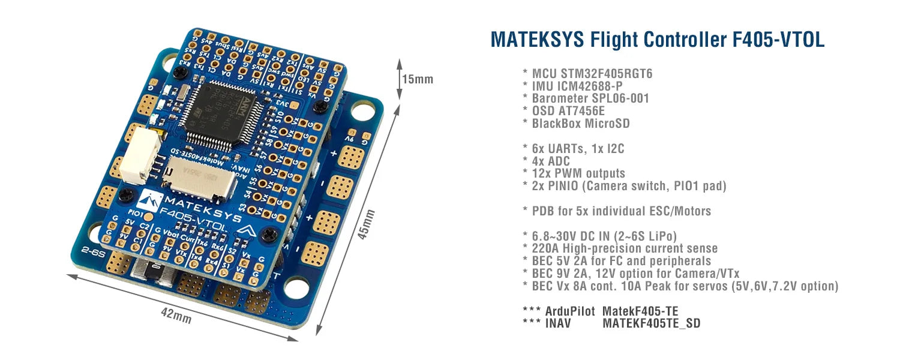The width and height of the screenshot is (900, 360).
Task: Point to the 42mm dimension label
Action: [x=176, y=314]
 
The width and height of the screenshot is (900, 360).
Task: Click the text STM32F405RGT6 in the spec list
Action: [x=607, y=74]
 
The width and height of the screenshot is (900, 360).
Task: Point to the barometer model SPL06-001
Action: [x=620, y=98]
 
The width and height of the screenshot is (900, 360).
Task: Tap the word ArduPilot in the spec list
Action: [x=570, y=311]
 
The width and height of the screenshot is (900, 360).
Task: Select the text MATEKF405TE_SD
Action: [x=651, y=323]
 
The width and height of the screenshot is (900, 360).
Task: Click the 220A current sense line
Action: [x=625, y=248]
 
